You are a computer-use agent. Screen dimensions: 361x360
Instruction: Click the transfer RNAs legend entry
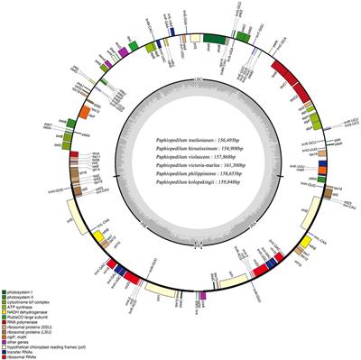pos(21,358)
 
